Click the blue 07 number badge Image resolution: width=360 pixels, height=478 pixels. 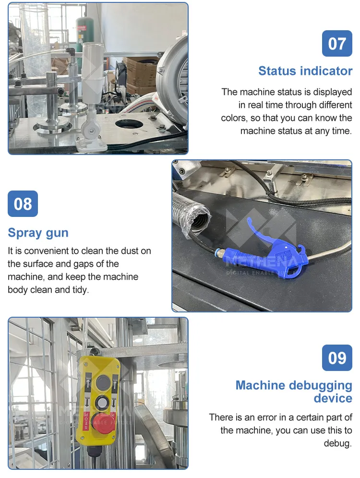[337, 43]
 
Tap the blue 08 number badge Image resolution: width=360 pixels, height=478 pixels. [23, 203]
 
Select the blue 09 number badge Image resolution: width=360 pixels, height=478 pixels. [337, 358]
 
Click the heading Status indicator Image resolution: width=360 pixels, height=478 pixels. [305, 71]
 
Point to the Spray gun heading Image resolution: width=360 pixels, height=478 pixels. [38, 233]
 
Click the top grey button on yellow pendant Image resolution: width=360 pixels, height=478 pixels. [103, 382]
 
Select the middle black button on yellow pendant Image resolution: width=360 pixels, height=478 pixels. [101, 403]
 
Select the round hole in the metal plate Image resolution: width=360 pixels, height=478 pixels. [133, 124]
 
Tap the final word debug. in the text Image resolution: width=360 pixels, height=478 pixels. [338, 443]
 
